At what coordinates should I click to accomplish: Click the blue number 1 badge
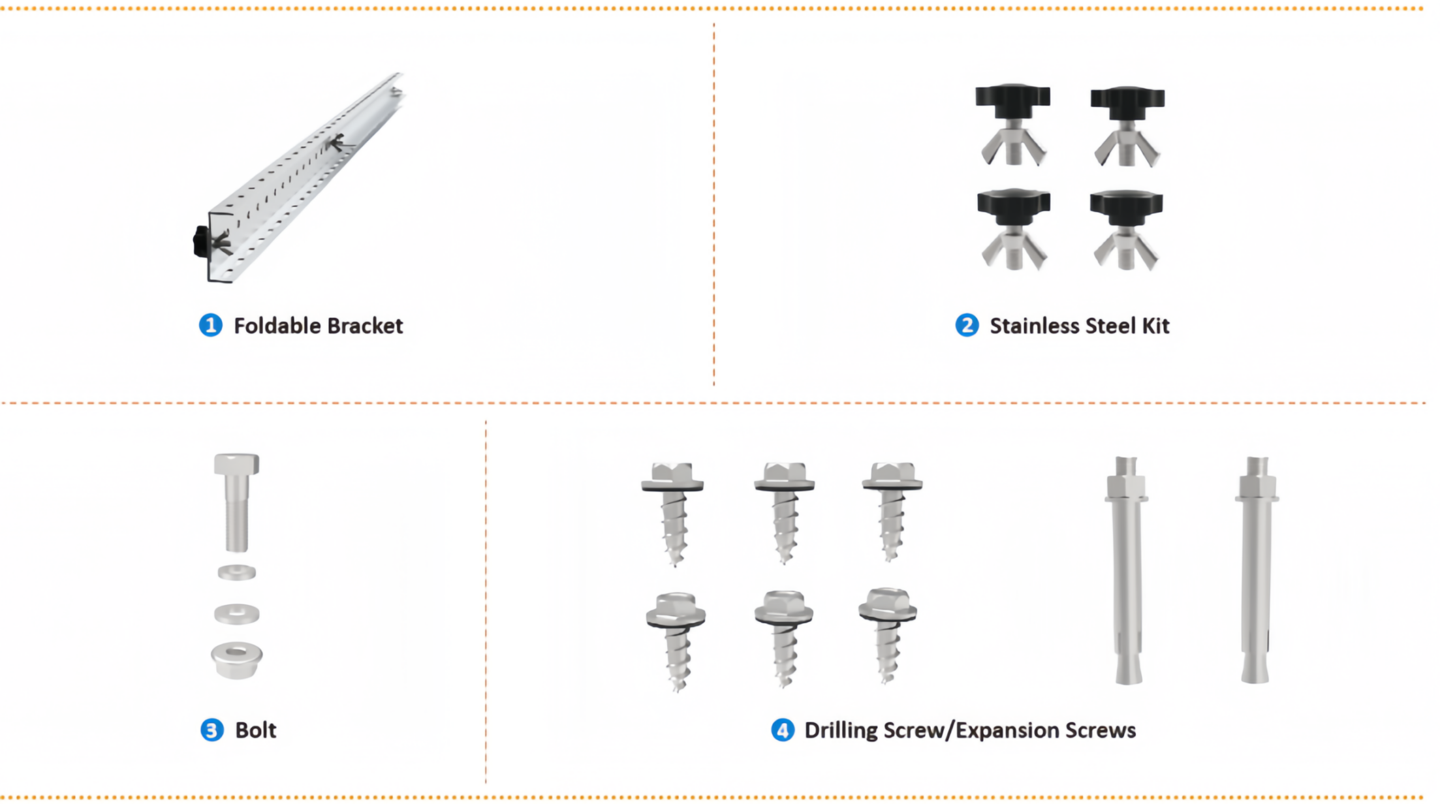click(210, 325)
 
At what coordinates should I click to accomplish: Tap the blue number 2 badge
click(967, 325)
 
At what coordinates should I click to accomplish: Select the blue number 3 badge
click(211, 730)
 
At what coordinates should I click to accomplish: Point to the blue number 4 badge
click(783, 730)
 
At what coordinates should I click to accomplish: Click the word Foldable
click(277, 326)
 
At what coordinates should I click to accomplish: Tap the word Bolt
click(256, 730)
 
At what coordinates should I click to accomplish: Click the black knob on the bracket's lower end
click(201, 241)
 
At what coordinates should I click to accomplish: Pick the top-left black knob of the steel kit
click(1012, 100)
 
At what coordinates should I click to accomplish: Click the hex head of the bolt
click(236, 464)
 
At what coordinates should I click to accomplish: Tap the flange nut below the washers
click(236, 660)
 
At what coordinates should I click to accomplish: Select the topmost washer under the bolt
click(236, 572)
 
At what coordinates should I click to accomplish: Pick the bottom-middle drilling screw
click(783, 638)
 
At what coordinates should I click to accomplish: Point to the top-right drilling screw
click(892, 511)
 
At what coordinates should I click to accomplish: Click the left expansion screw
click(1127, 570)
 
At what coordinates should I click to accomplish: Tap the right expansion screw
click(1256, 570)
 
